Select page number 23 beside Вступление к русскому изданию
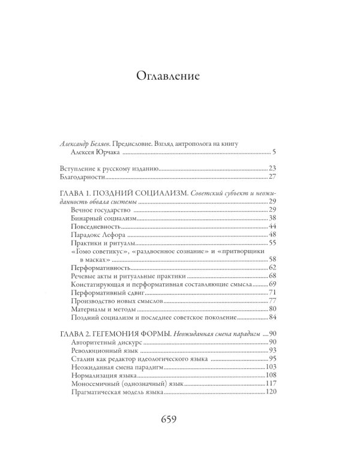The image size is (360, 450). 271,168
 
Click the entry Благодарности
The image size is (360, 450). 87,178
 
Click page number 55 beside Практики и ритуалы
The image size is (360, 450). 271,244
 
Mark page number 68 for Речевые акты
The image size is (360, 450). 271,276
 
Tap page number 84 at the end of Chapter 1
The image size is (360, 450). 271,318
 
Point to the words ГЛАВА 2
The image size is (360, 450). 80,333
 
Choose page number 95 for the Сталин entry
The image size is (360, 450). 271,359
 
